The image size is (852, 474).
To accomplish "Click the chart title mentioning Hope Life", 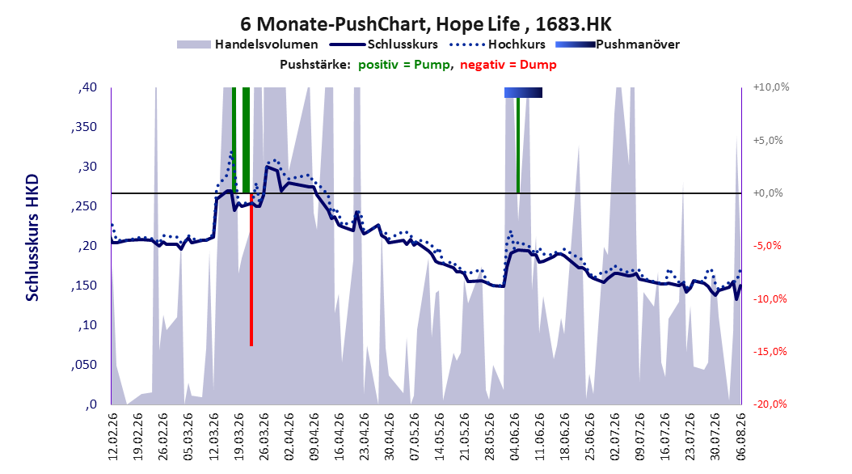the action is (x=426, y=24).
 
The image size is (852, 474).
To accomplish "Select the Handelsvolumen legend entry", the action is (x=247, y=44).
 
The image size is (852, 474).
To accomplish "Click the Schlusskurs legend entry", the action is (x=384, y=44).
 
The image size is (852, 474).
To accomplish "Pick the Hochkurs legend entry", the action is (x=498, y=44).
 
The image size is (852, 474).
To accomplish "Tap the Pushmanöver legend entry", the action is (x=618, y=44).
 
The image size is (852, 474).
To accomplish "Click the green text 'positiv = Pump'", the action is (x=404, y=65).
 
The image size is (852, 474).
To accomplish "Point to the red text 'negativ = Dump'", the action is (x=508, y=65).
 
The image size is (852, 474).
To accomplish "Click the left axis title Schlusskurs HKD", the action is (x=32, y=238).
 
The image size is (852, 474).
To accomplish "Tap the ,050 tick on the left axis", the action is (x=84, y=365).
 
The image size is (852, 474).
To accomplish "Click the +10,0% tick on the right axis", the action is (x=771, y=87).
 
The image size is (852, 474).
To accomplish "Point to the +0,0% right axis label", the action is (x=768, y=193).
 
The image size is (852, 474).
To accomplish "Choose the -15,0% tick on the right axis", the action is (x=770, y=352).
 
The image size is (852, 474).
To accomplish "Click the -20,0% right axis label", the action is (x=770, y=404).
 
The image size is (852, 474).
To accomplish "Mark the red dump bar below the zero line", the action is (x=251, y=269).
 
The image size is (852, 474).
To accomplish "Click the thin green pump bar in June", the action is (x=518, y=145).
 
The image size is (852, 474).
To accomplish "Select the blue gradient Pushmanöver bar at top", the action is (x=523, y=92).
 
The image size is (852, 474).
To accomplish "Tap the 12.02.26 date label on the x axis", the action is (x=113, y=437).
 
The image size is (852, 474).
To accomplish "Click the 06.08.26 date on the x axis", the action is (x=740, y=437).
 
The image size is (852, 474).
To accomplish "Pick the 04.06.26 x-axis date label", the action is (x=515, y=437).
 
